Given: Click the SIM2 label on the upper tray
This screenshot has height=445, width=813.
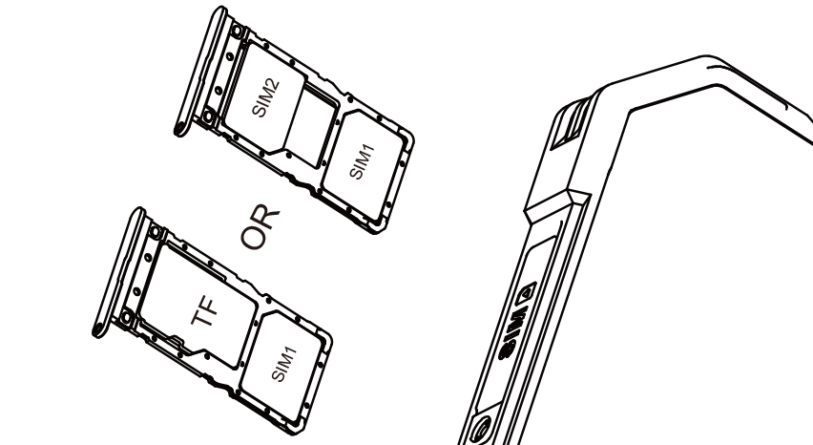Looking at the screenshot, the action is (265, 97).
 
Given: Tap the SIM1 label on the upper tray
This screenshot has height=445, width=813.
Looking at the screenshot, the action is (362, 161).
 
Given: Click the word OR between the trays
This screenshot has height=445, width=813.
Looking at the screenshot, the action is (261, 227).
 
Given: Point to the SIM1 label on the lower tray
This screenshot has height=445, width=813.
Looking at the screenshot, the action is (284, 364).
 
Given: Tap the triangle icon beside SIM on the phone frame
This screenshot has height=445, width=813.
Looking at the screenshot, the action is (528, 293).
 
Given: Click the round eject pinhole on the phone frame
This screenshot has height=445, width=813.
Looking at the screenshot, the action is (481, 429).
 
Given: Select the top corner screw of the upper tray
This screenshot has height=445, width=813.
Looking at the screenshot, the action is (237, 32).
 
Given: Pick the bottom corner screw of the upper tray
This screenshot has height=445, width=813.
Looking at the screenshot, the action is (208, 117).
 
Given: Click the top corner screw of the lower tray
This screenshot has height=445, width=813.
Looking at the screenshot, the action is (155, 232).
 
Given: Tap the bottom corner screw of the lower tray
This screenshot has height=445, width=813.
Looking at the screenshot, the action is (126, 316).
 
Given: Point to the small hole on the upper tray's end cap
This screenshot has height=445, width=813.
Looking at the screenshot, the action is (180, 127).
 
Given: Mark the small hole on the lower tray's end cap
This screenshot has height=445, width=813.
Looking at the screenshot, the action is (98, 328).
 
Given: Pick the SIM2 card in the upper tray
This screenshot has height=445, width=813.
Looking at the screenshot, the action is (264, 98).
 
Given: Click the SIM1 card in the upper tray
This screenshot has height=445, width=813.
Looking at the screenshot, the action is (364, 165).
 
